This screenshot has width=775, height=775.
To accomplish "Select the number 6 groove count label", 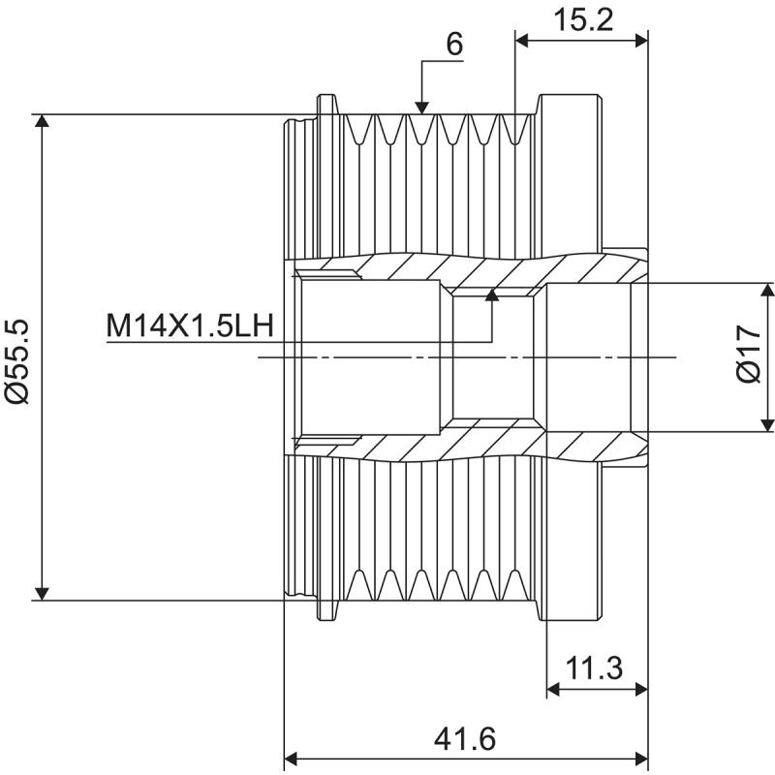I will pos(454,45).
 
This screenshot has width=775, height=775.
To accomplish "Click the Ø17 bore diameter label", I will pos(748,356).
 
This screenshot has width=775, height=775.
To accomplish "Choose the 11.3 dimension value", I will pos(594,667).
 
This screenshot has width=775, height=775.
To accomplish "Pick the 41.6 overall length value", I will pos(465,739).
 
